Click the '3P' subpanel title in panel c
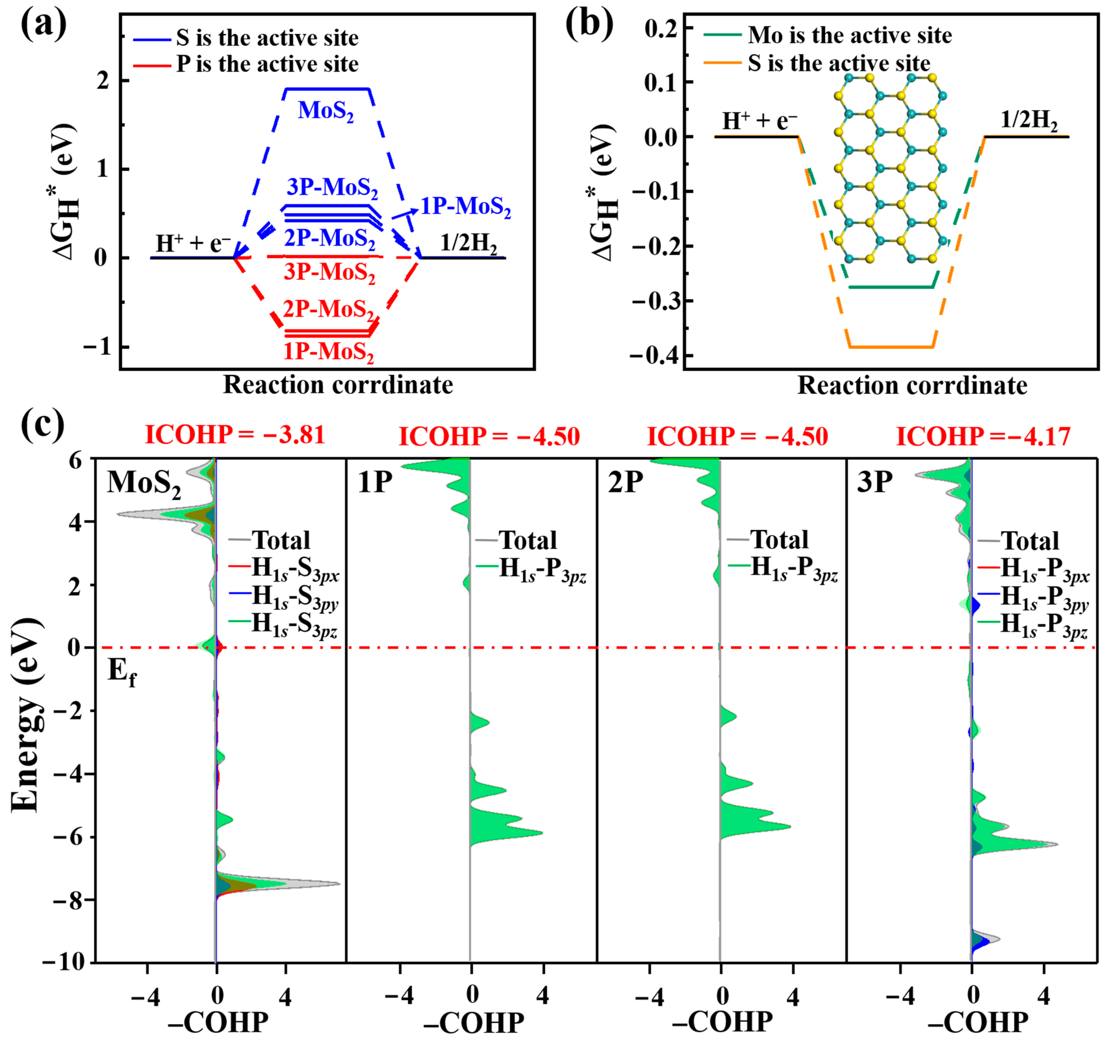(875, 481)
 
